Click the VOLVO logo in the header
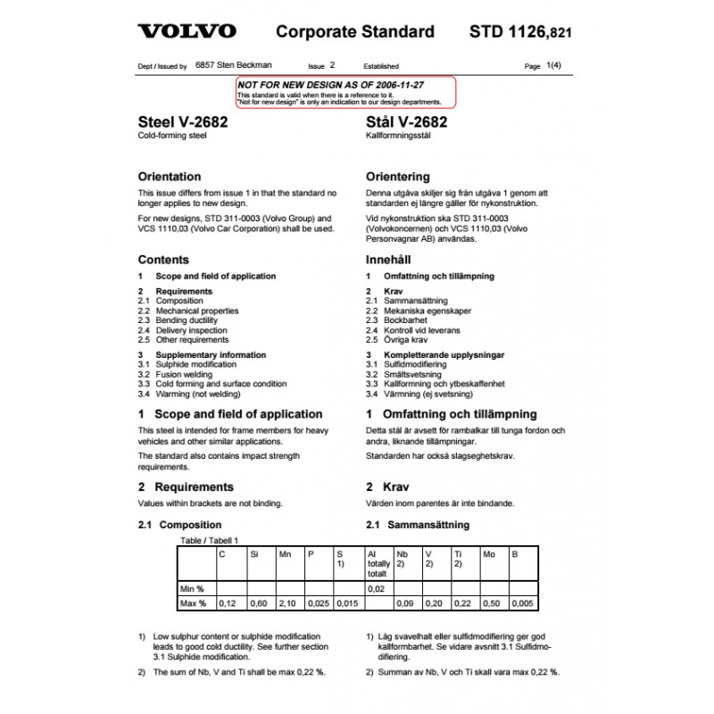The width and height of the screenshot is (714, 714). point(187,32)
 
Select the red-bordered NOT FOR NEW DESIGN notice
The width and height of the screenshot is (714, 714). point(345,92)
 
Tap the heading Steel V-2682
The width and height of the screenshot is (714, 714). point(182,123)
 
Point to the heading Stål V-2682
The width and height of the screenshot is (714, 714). point(407,123)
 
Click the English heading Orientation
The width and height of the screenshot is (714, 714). point(170,177)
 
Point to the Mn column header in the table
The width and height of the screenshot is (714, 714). point(286,554)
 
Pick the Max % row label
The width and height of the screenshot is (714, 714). point(194,604)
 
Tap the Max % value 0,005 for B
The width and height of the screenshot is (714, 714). point(524,604)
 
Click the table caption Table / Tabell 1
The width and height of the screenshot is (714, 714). point(210,541)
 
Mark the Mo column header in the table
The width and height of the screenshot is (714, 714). point(489,554)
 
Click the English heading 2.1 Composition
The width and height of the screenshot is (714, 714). point(179,525)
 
